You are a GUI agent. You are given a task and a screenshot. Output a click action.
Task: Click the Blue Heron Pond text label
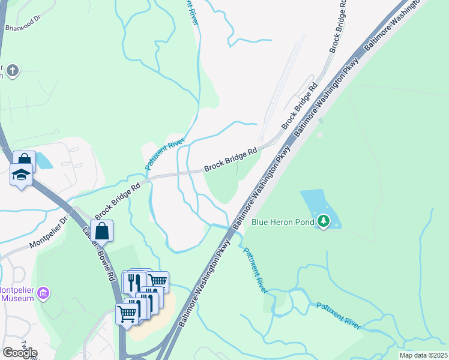tap(283, 222)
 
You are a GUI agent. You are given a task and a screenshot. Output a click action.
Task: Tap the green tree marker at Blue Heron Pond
tap(324, 221)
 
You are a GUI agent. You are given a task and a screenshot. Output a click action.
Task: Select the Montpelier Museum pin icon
tap(43, 293)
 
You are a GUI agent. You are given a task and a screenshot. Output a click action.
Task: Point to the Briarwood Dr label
tap(22, 18)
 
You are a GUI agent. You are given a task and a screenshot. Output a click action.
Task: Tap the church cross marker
tap(13, 71)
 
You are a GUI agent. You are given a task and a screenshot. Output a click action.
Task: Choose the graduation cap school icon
tap(22, 175)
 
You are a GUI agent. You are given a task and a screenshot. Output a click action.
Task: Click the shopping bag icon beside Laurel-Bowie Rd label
tap(102, 231)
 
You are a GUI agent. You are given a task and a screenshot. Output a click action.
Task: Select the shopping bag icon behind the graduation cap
tap(25, 161)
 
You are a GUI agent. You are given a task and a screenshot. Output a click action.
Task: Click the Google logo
tap(19, 352)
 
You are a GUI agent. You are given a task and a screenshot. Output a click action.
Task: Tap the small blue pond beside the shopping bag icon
tap(44, 161)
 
